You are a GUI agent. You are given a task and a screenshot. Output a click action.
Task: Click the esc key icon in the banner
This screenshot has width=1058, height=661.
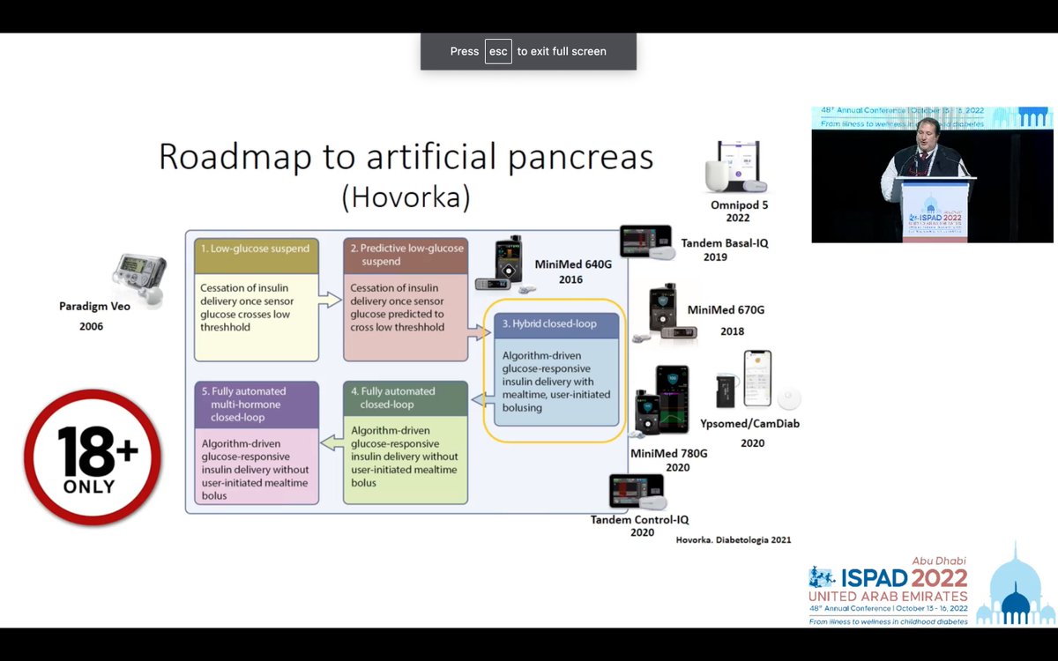coord(498,51)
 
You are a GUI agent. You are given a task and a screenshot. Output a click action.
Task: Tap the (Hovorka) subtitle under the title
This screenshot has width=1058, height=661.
coord(406,197)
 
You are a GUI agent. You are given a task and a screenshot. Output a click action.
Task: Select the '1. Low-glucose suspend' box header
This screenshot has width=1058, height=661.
coord(257,249)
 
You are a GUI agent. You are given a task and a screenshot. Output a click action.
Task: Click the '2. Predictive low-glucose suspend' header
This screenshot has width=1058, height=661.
coord(406,255)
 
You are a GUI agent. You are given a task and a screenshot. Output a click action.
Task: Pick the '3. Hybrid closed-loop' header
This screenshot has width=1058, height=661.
coord(556,323)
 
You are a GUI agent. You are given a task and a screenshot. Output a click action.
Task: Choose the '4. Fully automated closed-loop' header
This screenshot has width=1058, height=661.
coord(406,397)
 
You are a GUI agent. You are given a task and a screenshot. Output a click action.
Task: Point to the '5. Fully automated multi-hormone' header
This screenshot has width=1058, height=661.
coord(257,397)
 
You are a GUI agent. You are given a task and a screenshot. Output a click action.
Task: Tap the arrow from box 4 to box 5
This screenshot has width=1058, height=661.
coord(331,442)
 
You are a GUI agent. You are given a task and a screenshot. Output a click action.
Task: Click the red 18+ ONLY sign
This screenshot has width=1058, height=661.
coord(93,457)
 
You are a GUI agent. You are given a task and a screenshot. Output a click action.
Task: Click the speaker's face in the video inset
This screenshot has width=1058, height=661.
coord(928,132)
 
